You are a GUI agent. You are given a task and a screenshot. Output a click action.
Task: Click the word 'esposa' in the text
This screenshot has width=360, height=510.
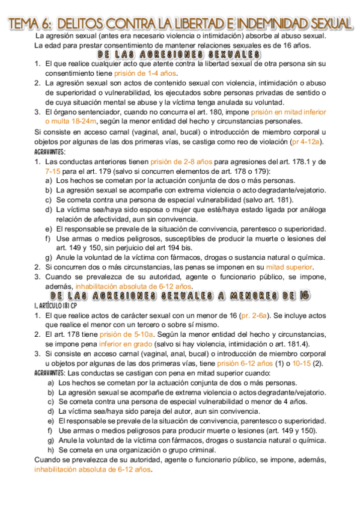point(142,209)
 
